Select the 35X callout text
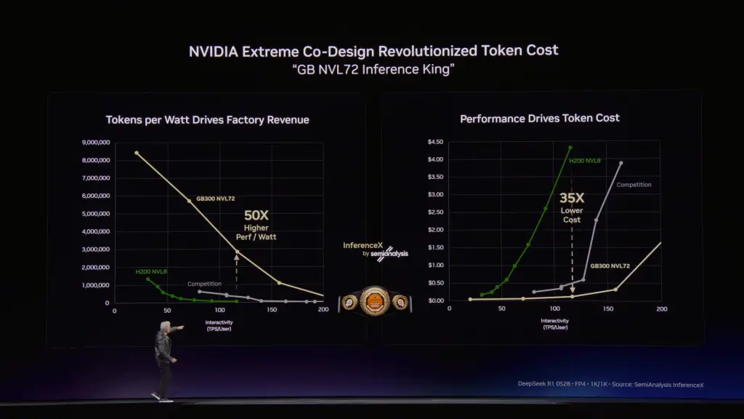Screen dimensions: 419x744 pyautogui.click(x=572, y=197)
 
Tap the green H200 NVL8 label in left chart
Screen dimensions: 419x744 pyautogui.click(x=151, y=271)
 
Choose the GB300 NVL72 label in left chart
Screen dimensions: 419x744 pyautogui.click(x=216, y=198)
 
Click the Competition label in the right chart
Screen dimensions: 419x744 pyautogui.click(x=634, y=185)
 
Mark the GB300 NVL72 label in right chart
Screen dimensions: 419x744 pyautogui.click(x=610, y=266)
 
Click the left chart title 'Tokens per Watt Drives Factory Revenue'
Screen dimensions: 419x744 pyautogui.click(x=207, y=119)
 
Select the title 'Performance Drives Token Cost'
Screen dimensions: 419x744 pyautogui.click(x=540, y=118)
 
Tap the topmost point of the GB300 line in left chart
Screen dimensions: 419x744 pyautogui.click(x=137, y=153)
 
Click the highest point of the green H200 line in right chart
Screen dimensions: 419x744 pyautogui.click(x=570, y=148)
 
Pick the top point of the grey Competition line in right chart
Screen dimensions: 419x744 pyautogui.click(x=620, y=163)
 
